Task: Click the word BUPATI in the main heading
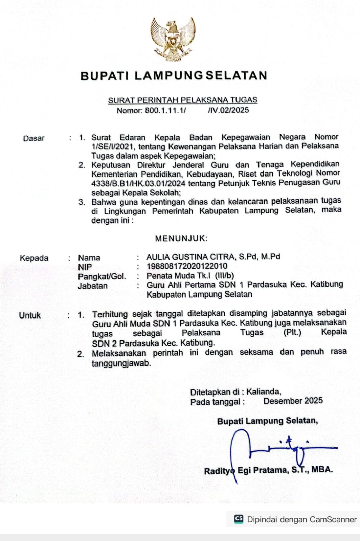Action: pyautogui.click(x=105, y=76)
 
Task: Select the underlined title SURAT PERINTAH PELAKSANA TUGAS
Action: pyautogui.click(x=183, y=100)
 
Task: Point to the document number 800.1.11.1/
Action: pyautogui.click(x=165, y=110)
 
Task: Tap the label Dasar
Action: pyautogui.click(x=34, y=138)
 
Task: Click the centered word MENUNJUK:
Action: pyautogui.click(x=181, y=238)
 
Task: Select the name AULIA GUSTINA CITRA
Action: pyautogui.click(x=191, y=257)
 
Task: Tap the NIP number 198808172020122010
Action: pyautogui.click(x=187, y=266)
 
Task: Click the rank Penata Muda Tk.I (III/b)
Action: pyautogui.click(x=190, y=276)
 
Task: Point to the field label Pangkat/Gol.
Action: pyautogui.click(x=102, y=277)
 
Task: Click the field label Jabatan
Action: pyautogui.click(x=92, y=286)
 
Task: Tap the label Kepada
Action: pyautogui.click(x=34, y=258)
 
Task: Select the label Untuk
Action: pyautogui.click(x=30, y=315)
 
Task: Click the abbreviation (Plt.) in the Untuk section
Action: pyautogui.click(x=292, y=333)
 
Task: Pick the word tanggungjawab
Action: pyautogui.click(x=121, y=363)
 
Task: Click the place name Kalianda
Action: pyautogui.click(x=263, y=392)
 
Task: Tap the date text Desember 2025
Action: pyautogui.click(x=293, y=401)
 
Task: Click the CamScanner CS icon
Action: pyautogui.click(x=239, y=519)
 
